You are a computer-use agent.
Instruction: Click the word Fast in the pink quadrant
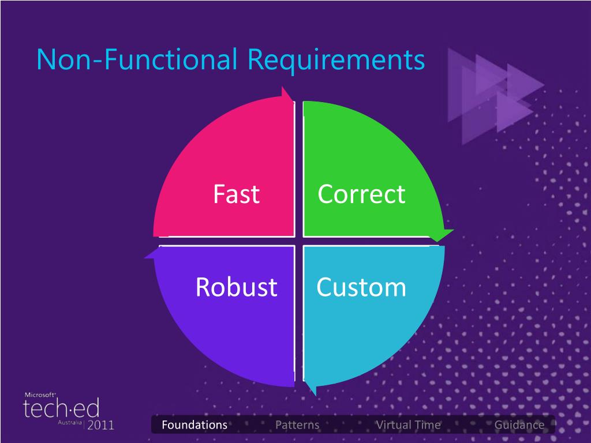pyautogui.click(x=236, y=194)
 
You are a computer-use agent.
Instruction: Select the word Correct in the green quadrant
pyautogui.click(x=361, y=194)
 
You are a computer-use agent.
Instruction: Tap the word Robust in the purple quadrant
pyautogui.click(x=236, y=287)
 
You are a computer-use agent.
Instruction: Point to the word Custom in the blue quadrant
pyautogui.click(x=361, y=287)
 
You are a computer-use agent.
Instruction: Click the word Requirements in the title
pyautogui.click(x=336, y=60)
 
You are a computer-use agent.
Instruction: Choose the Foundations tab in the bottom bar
pyautogui.click(x=194, y=425)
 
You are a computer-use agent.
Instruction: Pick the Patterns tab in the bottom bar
pyautogui.click(x=297, y=425)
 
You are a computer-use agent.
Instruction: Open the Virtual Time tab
pyautogui.click(x=409, y=425)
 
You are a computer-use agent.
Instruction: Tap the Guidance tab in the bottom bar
pyautogui.click(x=519, y=425)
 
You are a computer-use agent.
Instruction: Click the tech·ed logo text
pyautogui.click(x=61, y=408)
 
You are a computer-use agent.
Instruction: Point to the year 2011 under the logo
pyautogui.click(x=100, y=425)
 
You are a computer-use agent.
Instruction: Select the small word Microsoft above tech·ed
pyautogui.click(x=40, y=395)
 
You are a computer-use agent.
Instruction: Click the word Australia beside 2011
pyautogui.click(x=70, y=423)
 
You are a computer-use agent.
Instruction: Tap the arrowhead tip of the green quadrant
pyautogui.click(x=454, y=230)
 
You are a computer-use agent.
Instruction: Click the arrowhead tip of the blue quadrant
pyautogui.click(x=315, y=396)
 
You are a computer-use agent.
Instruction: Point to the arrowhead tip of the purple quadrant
pyautogui.click(x=144, y=258)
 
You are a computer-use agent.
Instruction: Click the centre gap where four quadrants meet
pyautogui.click(x=299, y=241)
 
